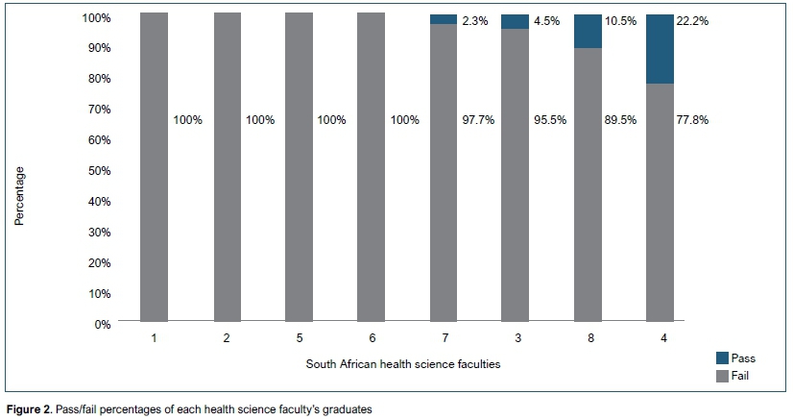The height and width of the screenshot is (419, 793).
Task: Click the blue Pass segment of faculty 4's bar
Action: pyautogui.click(x=660, y=49)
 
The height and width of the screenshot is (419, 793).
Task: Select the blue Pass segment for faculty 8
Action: pyautogui.click(x=588, y=31)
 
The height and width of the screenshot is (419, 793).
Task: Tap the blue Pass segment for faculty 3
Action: pyautogui.click(x=516, y=21)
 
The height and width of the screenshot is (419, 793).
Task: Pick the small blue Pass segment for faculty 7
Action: pyautogui.click(x=444, y=18)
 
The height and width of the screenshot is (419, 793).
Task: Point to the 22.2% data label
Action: pyautogui.click(x=692, y=20)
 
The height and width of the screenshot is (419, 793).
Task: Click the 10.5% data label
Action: pyautogui.click(x=620, y=20)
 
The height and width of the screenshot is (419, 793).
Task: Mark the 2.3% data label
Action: pyautogui.click(x=474, y=20)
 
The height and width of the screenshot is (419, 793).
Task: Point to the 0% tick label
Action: pyautogui.click(x=102, y=324)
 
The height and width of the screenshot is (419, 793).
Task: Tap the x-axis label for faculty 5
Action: pyautogui.click(x=299, y=338)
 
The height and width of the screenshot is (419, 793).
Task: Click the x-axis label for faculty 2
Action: pyautogui.click(x=227, y=338)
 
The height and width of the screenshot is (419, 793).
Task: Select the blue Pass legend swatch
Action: pyautogui.click(x=722, y=357)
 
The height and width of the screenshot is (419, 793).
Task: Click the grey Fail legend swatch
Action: pyautogui.click(x=722, y=376)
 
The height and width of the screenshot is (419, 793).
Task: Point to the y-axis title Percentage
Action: pyautogui.click(x=18, y=196)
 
